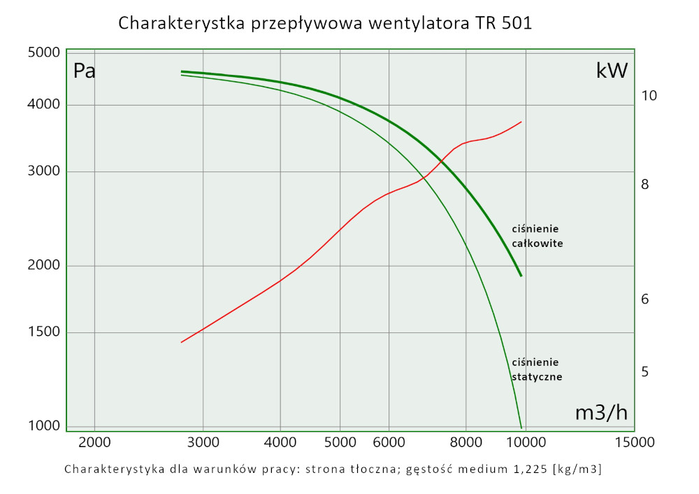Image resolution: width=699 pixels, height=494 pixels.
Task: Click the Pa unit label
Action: [x=84, y=71]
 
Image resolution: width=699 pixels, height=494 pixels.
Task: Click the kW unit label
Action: [x=612, y=71]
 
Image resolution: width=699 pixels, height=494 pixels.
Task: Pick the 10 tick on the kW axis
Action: [x=649, y=96]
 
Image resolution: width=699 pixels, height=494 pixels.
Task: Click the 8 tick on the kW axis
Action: [x=645, y=185]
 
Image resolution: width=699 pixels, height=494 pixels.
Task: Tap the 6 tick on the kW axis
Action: [x=645, y=299]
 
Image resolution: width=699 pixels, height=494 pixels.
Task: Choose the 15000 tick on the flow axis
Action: [x=634, y=442]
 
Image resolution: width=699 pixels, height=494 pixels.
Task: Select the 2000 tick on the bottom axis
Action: [x=94, y=442]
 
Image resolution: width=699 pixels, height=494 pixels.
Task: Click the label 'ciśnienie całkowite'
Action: [x=537, y=237]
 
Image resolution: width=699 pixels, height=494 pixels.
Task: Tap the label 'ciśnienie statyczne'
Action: [x=537, y=369]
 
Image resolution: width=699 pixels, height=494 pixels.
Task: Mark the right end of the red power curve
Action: [x=521, y=122]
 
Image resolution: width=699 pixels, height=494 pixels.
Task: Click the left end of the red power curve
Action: [x=182, y=342]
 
